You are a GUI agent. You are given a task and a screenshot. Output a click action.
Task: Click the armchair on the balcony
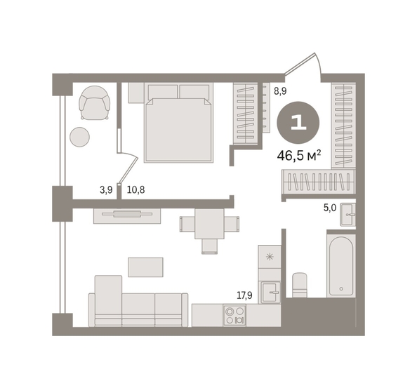[x=94, y=103]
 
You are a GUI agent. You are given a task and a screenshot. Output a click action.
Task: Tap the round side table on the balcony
[x=79, y=137]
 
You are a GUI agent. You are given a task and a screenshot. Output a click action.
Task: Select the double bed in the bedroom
[x=179, y=123]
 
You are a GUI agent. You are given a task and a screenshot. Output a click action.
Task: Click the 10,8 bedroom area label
[x=136, y=189]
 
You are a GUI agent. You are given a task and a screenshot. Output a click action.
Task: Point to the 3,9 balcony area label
[x=106, y=190]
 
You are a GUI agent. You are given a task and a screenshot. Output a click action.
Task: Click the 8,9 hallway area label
[x=280, y=91]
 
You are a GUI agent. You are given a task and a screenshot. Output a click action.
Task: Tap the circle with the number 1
[x=298, y=123]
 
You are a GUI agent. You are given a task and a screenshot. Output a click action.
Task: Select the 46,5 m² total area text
[x=299, y=156]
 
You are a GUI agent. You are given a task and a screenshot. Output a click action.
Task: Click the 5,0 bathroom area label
[x=330, y=208]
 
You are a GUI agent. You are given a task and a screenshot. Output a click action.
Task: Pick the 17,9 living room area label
[x=245, y=295]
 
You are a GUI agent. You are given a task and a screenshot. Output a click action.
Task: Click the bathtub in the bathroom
[x=341, y=266]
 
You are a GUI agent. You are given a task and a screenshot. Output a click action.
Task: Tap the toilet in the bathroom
[x=300, y=285]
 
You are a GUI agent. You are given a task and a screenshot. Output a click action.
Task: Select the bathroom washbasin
[x=347, y=215]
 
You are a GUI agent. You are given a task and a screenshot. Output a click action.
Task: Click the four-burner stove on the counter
[x=234, y=316]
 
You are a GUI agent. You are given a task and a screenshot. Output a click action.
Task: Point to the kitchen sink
[x=270, y=293]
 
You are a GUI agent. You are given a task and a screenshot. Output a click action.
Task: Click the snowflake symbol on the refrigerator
[x=270, y=257]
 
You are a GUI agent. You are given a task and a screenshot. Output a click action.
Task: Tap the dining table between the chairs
[x=209, y=224]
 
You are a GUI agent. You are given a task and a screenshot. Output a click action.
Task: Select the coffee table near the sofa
[x=146, y=267]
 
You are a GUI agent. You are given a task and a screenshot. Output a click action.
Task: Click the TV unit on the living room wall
[x=127, y=216]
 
